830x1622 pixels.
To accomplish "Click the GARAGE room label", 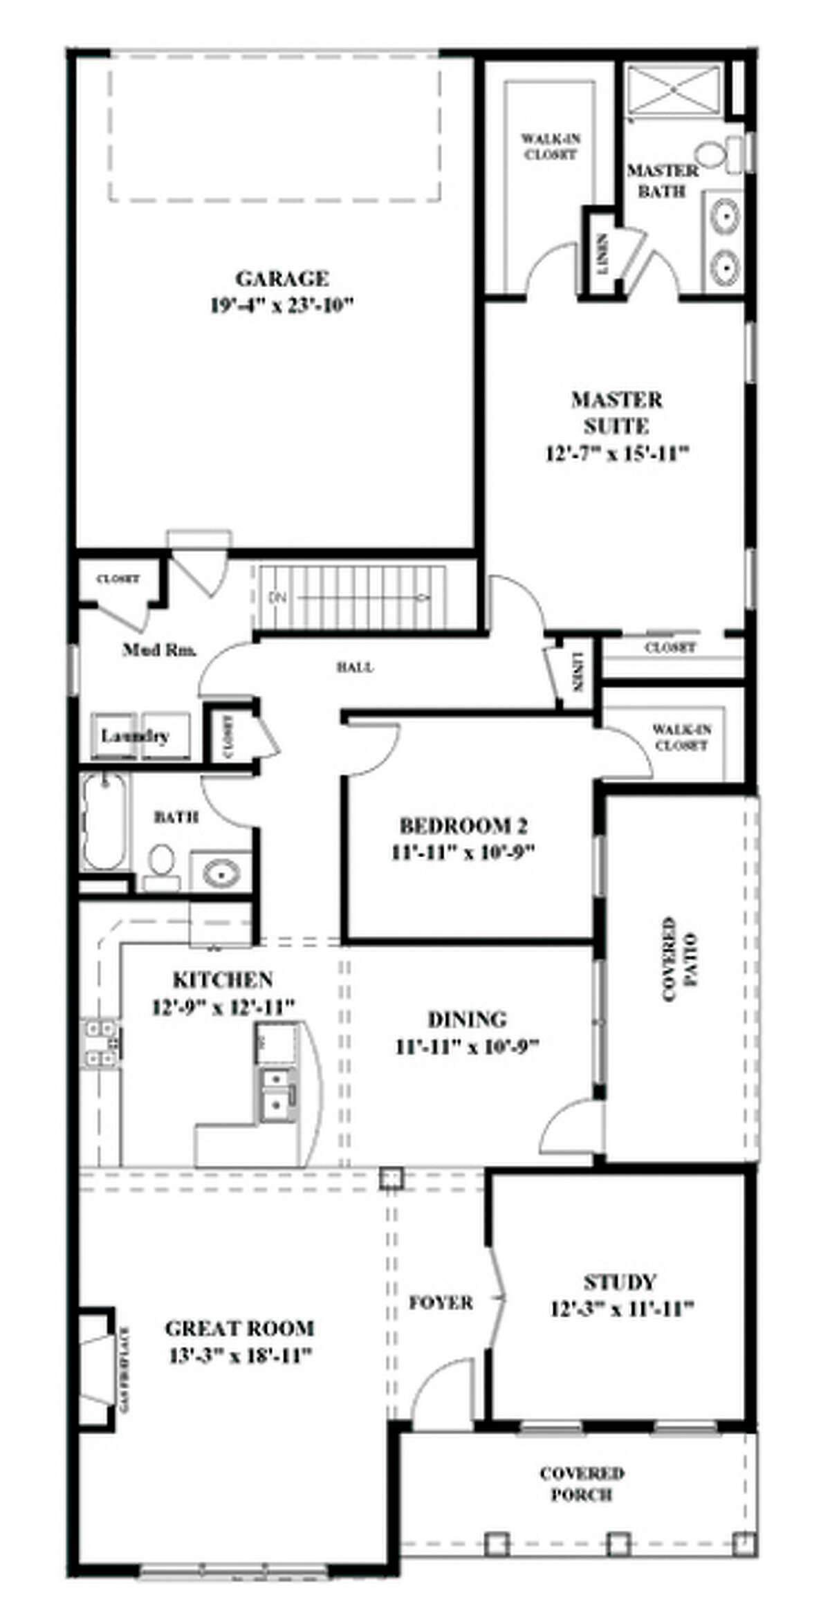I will click(282, 279).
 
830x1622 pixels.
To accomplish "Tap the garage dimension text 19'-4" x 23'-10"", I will click(282, 305).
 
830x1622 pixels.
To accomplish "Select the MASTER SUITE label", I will click(616, 412).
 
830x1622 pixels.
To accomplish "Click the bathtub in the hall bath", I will click(105, 822).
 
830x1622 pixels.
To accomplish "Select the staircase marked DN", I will click(349, 596).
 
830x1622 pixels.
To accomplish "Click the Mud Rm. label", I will click(159, 649).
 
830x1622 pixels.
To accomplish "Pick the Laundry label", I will click(136, 735).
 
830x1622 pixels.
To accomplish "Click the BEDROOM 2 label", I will click(463, 826).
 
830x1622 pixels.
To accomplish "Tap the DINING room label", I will click(467, 1019).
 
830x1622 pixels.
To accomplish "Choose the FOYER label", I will click(441, 1302).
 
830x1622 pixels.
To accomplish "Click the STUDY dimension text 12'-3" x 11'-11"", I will click(622, 1309).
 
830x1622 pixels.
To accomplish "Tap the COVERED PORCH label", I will click(582, 1483).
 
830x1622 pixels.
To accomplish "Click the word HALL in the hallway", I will click(356, 667).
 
